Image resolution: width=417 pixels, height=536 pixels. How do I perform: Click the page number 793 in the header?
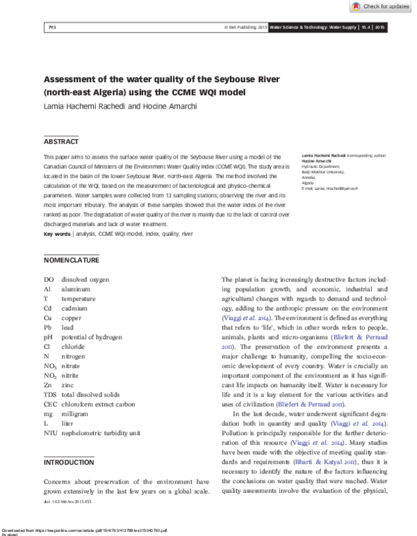(51, 28)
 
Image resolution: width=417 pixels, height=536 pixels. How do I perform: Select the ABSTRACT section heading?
(61, 141)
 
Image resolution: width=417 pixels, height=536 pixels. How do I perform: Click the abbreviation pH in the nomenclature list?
(49, 336)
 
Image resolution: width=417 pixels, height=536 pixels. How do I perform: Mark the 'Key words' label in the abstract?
(57, 235)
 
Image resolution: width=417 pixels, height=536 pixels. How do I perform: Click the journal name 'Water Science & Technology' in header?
(312, 28)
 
